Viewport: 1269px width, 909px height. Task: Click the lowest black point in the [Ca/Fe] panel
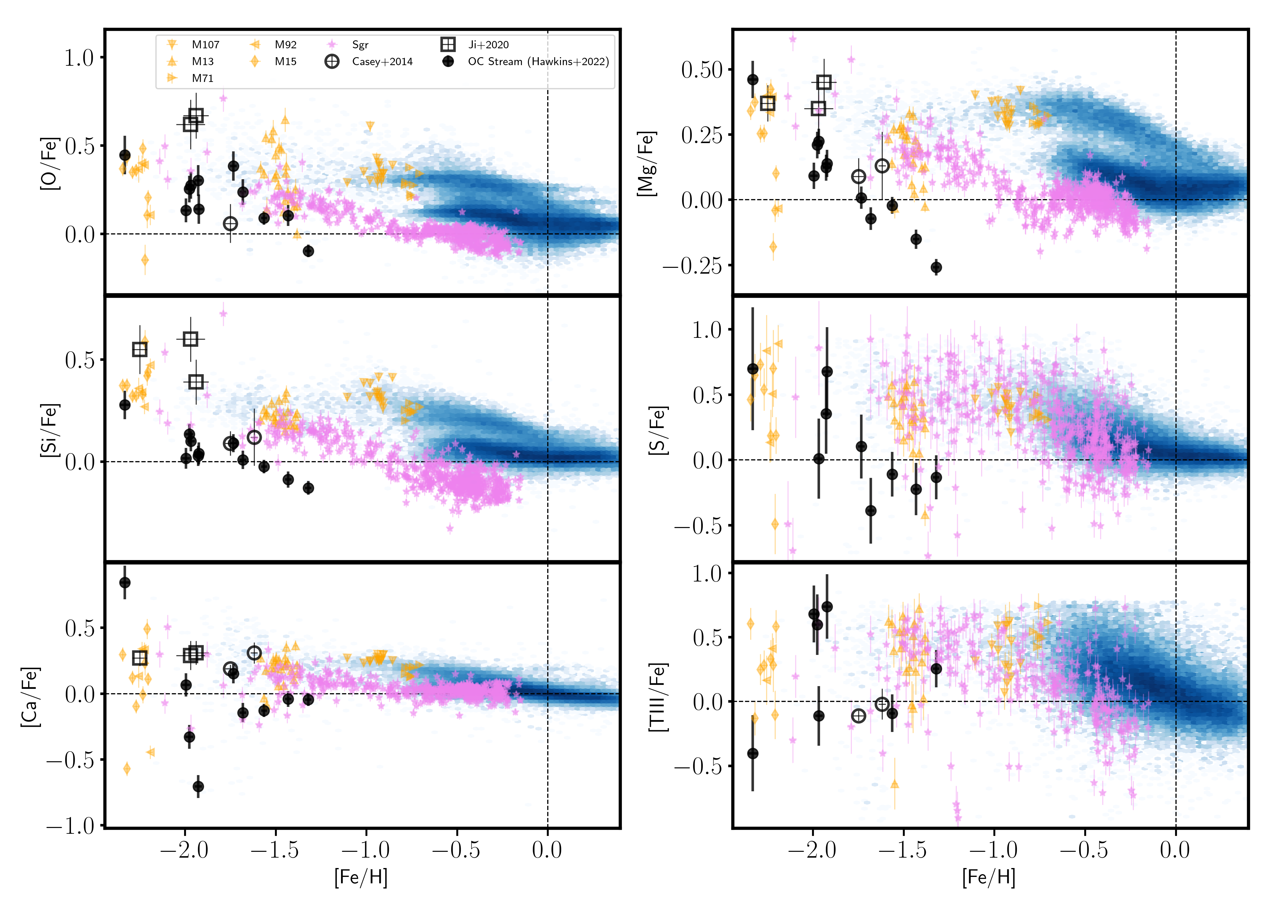pyautogui.click(x=198, y=786)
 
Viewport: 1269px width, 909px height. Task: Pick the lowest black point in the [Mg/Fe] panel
pyautogui.click(x=936, y=268)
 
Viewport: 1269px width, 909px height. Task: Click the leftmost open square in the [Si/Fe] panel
pyautogui.click(x=140, y=349)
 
